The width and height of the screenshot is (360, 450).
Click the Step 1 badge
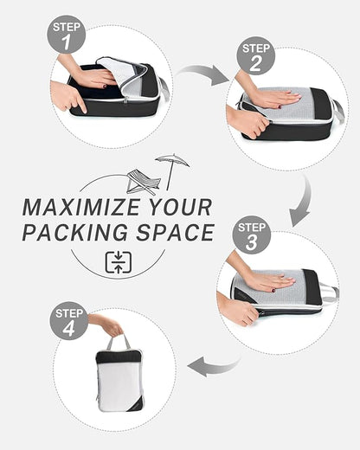tap(66, 35)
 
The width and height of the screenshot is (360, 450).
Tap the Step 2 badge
tap(256, 55)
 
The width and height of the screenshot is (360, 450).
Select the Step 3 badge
tap(252, 235)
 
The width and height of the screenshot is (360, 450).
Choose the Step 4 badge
tap(68, 320)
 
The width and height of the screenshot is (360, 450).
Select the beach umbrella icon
tap(172, 167)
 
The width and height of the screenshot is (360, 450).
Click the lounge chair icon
tap(142, 181)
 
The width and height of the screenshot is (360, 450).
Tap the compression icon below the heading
tap(118, 262)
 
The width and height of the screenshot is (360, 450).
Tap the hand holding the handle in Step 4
tap(108, 325)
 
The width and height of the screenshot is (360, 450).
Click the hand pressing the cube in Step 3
tap(268, 280)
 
